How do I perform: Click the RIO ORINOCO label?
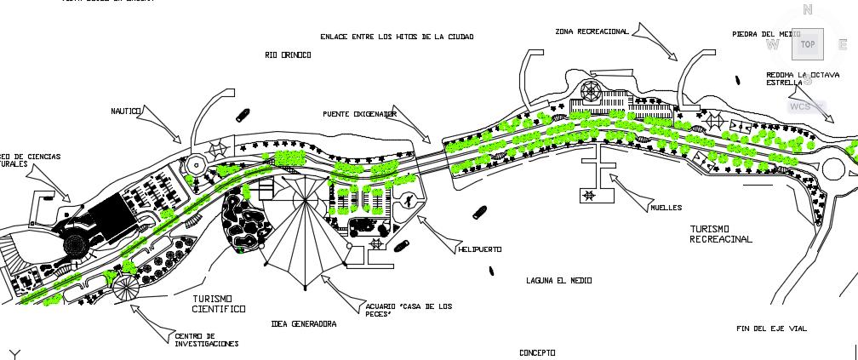coord(288,55)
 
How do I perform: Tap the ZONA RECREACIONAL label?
coord(592,31)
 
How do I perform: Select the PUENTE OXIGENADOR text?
coord(359,113)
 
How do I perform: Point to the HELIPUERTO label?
coord(479,249)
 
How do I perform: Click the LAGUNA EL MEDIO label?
coord(558,280)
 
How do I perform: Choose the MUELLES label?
coord(666,207)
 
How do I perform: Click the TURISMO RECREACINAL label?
coord(721,235)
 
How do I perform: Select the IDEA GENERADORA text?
coord(303,324)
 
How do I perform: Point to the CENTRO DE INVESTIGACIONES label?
coord(206,340)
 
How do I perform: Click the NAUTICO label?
coord(125,111)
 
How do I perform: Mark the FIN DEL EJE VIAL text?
coord(771,329)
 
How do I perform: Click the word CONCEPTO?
coord(537,352)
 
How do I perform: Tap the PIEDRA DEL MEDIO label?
coord(765,35)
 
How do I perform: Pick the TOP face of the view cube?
coord(807,45)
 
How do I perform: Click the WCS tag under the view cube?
coord(801,106)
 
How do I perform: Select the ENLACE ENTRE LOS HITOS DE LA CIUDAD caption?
coord(396,37)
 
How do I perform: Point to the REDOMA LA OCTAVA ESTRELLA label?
coord(803,79)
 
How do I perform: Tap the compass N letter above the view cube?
coord(808,10)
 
